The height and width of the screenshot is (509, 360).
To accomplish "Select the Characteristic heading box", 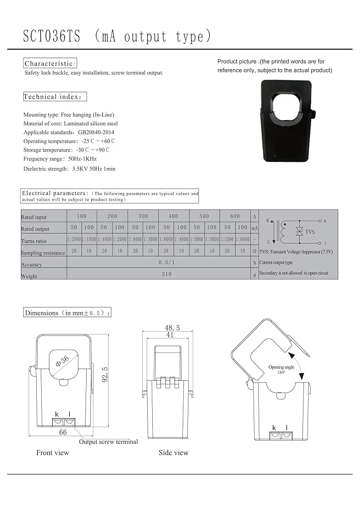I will [x=50, y=64].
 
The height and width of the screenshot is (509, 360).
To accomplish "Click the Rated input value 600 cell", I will [x=235, y=216].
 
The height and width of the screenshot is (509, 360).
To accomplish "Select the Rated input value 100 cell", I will [x=81, y=216].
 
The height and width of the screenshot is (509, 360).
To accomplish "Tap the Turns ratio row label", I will [x=34, y=241].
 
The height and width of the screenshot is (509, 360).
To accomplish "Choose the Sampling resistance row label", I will [x=43, y=252].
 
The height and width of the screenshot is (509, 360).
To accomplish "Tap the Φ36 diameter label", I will [x=62, y=362].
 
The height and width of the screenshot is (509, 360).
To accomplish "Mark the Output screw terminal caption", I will [x=108, y=442].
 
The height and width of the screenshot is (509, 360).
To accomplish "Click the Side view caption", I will [x=173, y=453].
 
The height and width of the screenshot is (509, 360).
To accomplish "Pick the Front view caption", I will [x=52, y=453].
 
